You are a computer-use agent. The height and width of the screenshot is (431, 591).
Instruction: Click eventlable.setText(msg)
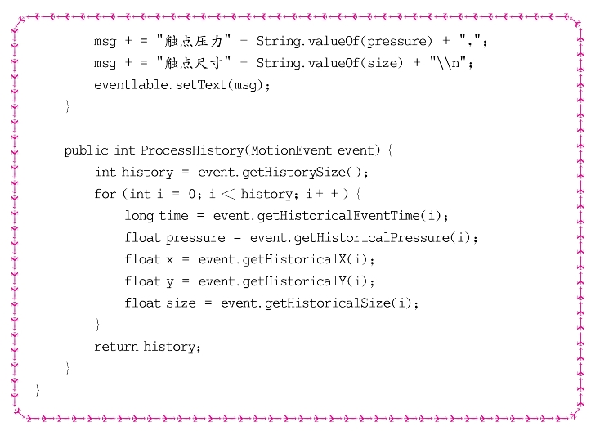click(181, 84)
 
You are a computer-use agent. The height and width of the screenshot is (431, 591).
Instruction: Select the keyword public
click(86, 150)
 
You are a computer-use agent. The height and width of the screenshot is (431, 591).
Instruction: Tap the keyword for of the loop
click(105, 194)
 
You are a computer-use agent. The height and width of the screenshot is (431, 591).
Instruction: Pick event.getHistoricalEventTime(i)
click(331, 216)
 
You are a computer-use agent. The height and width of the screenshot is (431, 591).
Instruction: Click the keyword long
click(139, 216)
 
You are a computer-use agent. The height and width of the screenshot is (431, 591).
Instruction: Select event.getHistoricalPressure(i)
click(364, 238)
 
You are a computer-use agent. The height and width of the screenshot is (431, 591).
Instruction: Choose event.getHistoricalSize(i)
click(320, 303)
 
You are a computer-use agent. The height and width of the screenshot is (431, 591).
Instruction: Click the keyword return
click(116, 347)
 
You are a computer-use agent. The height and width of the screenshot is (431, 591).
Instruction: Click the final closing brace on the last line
click(38, 390)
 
